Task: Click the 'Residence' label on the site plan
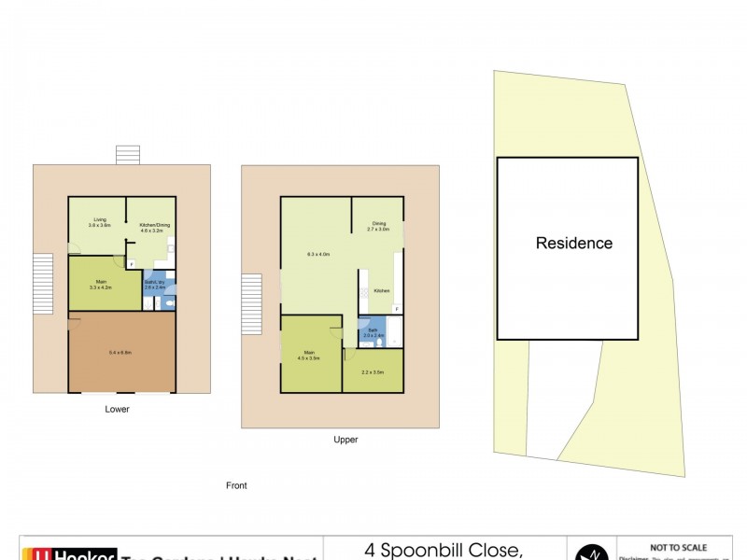coord(573,244)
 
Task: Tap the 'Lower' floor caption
coord(118,409)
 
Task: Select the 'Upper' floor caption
coord(345,439)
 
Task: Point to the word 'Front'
coord(236,485)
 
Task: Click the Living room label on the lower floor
coord(99,222)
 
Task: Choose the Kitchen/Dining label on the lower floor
coord(151,222)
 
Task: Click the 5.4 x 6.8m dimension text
coord(120,352)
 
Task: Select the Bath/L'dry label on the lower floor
coord(155,285)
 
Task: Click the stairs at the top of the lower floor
coord(126,155)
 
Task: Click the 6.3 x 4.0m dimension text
coord(319,254)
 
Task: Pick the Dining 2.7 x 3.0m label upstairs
coord(379,226)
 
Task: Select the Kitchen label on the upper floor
coord(382,291)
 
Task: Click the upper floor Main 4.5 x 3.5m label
coord(309,355)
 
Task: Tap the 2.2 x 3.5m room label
coord(373,372)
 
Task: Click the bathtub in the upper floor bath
coord(393,332)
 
